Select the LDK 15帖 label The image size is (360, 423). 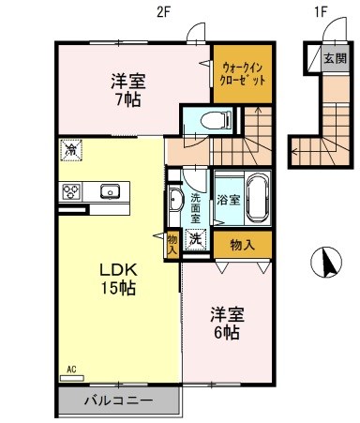pos(118,279)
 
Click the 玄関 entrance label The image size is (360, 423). pos(335,59)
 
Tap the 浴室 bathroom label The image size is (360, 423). pos(229,200)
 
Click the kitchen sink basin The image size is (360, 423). pos(111,192)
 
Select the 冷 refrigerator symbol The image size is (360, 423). pos(70,149)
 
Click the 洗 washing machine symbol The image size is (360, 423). pos(196,239)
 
